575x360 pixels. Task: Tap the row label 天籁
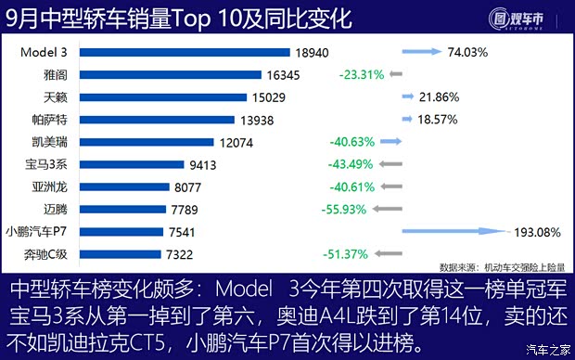pyautogui.click(x=54, y=96)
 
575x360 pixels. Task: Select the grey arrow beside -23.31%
pyautogui.click(x=395, y=73)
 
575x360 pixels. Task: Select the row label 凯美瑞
pyautogui.click(x=48, y=141)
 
